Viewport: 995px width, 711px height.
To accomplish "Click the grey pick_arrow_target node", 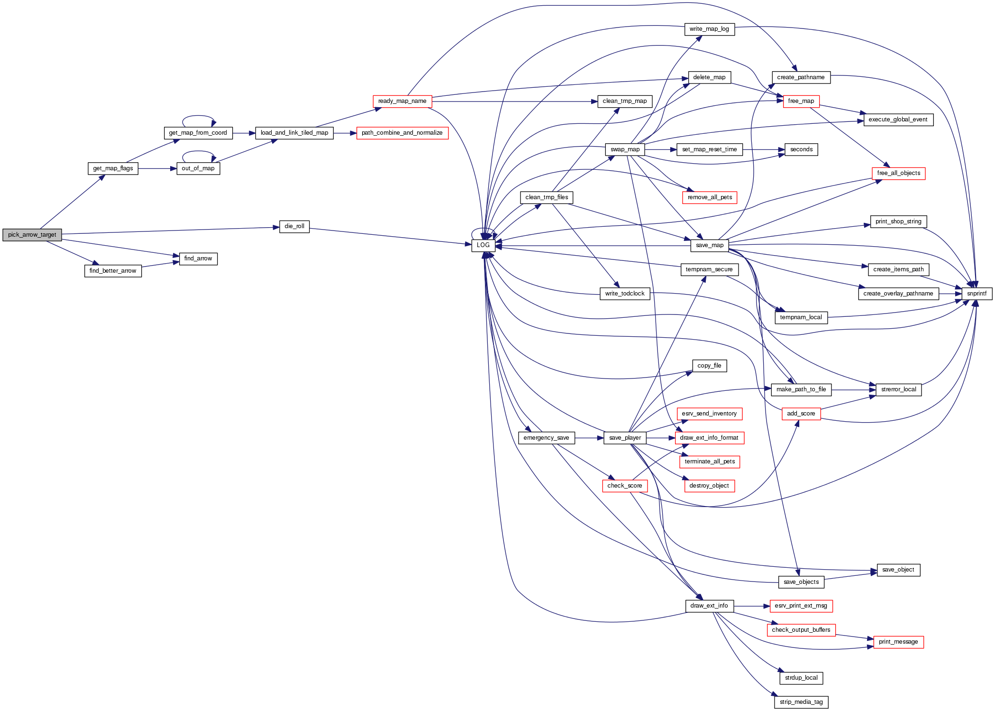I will (x=32, y=235).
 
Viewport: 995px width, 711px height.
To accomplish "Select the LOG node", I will (x=483, y=245).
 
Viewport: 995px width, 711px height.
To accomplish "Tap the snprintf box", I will (x=977, y=294).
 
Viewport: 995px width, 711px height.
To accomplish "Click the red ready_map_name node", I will (x=402, y=101).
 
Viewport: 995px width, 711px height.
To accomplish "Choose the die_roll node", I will (x=294, y=226).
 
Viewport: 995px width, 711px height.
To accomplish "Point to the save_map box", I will (x=709, y=245).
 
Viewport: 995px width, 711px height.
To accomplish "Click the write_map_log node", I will (x=709, y=29).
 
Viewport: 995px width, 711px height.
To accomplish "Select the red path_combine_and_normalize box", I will (x=402, y=133).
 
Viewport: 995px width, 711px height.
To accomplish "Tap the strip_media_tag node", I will (x=801, y=702).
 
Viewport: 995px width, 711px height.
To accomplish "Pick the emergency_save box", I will (x=546, y=438).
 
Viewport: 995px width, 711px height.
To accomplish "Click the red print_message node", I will (x=898, y=642).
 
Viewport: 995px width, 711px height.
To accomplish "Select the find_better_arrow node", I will (x=113, y=271).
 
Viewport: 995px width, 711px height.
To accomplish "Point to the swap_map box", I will (x=625, y=149).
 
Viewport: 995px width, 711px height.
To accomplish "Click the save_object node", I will (x=898, y=570).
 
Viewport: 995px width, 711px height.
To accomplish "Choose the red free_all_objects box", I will (x=898, y=173).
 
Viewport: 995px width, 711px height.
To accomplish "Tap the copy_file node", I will (x=709, y=366).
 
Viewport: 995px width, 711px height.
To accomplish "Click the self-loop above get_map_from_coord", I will (x=199, y=116).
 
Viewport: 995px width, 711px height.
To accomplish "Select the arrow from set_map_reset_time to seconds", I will (x=763, y=149).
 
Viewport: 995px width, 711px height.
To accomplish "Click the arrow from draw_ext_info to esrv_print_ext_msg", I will (x=751, y=606).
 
